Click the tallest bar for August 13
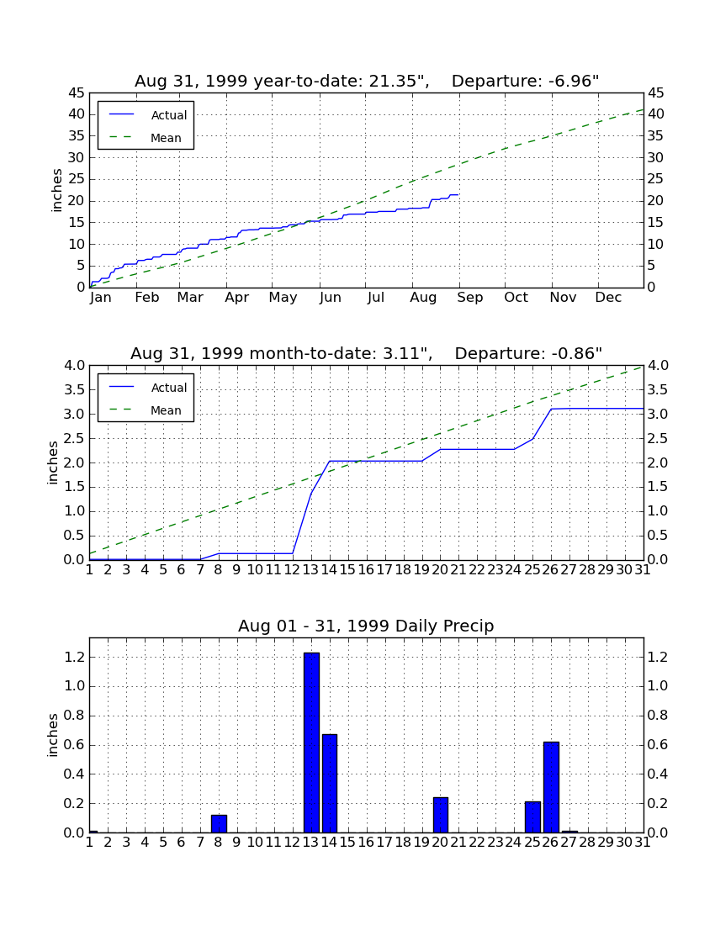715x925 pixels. [x=311, y=743]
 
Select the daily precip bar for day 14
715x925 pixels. [x=330, y=784]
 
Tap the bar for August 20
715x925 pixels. [x=441, y=815]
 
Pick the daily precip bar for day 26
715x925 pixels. [x=551, y=787]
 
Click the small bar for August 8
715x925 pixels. [x=219, y=823]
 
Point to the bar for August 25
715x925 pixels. [x=532, y=817]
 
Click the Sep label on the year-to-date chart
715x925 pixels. [x=469, y=298]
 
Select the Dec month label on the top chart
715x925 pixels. [x=608, y=298]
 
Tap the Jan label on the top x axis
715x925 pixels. [x=101, y=298]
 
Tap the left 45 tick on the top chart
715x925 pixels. [x=77, y=93]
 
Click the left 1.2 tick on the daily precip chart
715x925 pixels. [x=74, y=658]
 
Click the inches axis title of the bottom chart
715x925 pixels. [x=53, y=735]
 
